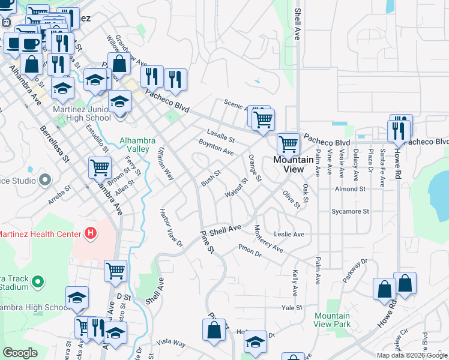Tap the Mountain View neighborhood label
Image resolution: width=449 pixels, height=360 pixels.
click(293, 164)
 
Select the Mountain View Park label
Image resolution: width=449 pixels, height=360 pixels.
click(332, 320)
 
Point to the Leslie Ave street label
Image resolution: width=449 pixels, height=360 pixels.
click(289, 234)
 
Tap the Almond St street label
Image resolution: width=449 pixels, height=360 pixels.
click(351, 189)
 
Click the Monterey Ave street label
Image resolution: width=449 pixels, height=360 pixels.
click(268, 238)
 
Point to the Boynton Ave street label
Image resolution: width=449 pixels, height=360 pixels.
click(216, 147)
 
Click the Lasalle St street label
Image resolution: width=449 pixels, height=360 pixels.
click(220, 136)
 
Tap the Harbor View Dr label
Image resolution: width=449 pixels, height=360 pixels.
click(171, 228)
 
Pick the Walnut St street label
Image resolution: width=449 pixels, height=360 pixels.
click(236, 188)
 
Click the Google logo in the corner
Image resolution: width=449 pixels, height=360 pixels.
click(20, 353)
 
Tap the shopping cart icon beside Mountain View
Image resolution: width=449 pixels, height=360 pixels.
click(288, 144)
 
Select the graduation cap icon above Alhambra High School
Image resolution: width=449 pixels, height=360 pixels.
click(77, 297)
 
